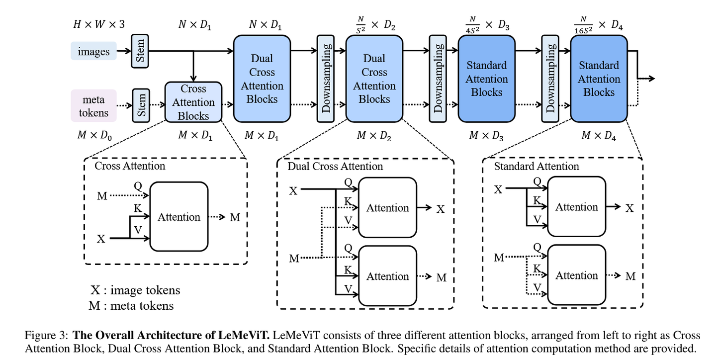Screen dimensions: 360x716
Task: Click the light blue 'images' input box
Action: [x=93, y=51]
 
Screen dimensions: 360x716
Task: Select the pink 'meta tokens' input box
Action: [x=93, y=106]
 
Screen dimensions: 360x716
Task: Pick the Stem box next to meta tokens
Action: [x=141, y=105]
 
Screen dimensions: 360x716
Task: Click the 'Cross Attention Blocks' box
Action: [x=193, y=102]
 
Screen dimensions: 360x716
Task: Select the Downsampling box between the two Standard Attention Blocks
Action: [x=550, y=78]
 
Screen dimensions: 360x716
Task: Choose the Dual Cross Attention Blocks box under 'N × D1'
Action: [x=262, y=79]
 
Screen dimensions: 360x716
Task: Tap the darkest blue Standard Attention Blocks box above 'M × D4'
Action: [x=599, y=79]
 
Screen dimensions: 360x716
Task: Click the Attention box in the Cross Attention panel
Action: [x=179, y=217]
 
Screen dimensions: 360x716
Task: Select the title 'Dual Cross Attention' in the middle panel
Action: [x=335, y=166]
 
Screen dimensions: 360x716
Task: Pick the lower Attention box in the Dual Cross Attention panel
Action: [x=387, y=276]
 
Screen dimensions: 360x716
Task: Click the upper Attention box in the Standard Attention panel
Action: [x=576, y=207]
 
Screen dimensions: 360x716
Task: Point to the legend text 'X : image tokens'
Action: [x=135, y=290]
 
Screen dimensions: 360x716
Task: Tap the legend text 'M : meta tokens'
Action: [x=131, y=305]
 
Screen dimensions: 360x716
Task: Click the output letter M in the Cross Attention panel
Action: [x=235, y=218]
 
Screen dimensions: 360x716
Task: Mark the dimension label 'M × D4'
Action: [x=599, y=136]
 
